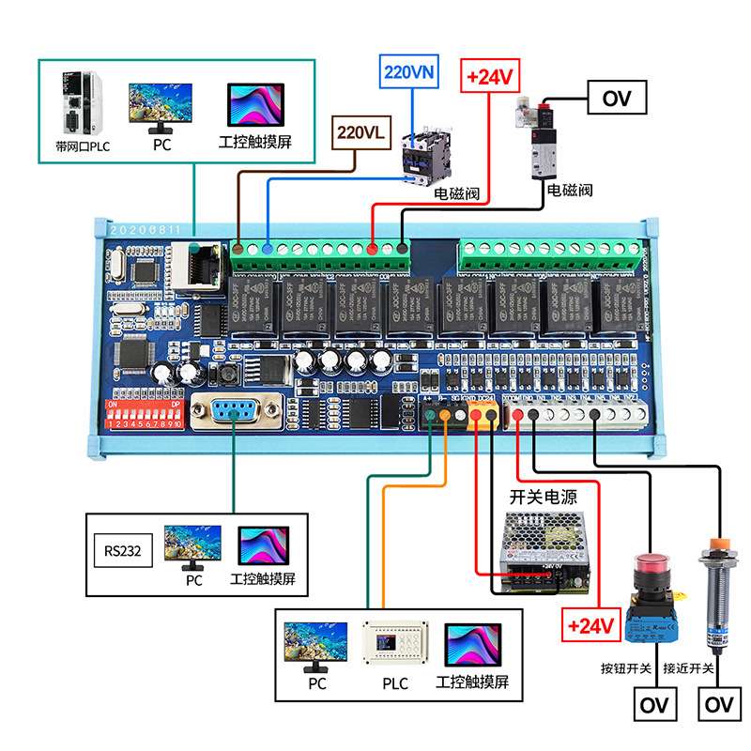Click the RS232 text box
point(122,551)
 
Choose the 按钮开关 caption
point(626,669)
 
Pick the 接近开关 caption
point(688,669)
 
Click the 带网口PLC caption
point(83,146)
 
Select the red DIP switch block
point(145,413)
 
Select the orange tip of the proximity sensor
point(718,544)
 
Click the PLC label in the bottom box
point(395,683)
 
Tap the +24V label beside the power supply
point(590,623)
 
